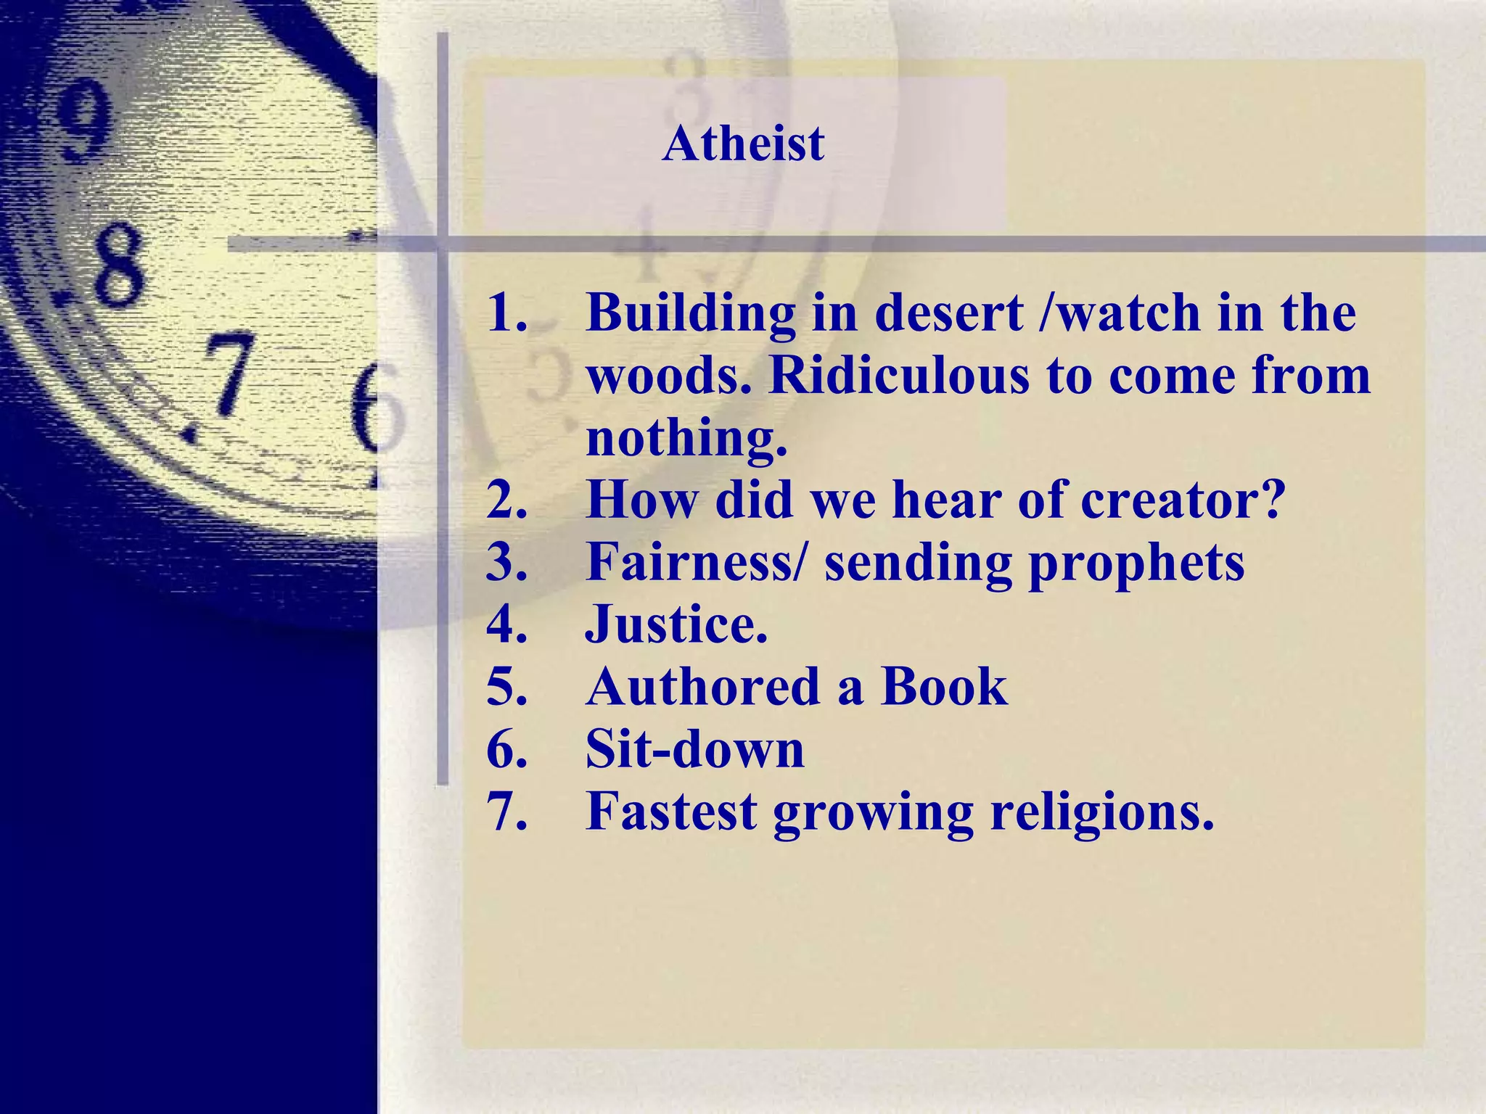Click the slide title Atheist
point(743,143)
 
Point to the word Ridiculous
point(899,376)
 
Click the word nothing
point(686,440)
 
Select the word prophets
point(1136,564)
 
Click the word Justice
point(676,624)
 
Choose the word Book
point(944,687)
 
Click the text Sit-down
point(694,749)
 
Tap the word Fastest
point(671,812)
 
